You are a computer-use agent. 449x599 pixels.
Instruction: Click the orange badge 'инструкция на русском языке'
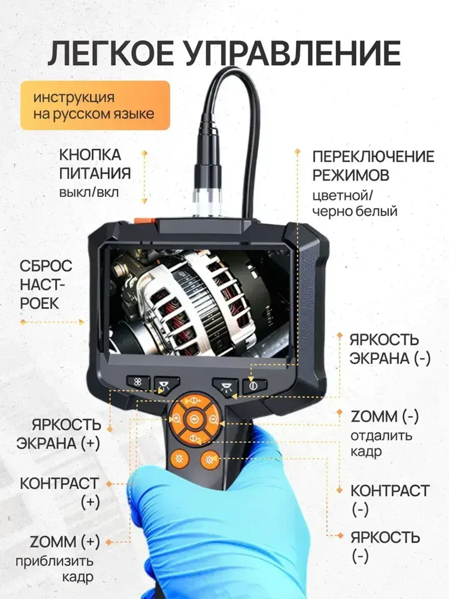(x=95, y=106)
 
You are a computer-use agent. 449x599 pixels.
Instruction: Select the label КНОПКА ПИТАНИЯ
(x=95, y=164)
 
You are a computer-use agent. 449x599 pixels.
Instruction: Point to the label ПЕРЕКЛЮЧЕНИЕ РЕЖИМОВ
(x=373, y=165)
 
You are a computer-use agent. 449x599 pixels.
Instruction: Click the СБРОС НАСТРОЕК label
(x=45, y=284)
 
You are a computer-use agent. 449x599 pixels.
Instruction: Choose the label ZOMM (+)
(x=65, y=541)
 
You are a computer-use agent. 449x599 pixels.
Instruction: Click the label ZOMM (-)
(x=384, y=417)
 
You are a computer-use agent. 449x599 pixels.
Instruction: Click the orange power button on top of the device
(x=142, y=221)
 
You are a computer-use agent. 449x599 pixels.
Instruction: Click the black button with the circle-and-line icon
(x=254, y=386)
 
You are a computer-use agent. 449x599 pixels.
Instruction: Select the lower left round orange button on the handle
(x=179, y=459)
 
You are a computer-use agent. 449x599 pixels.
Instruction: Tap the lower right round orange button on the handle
(x=209, y=460)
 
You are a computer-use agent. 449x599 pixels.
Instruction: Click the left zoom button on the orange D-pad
(x=176, y=420)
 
